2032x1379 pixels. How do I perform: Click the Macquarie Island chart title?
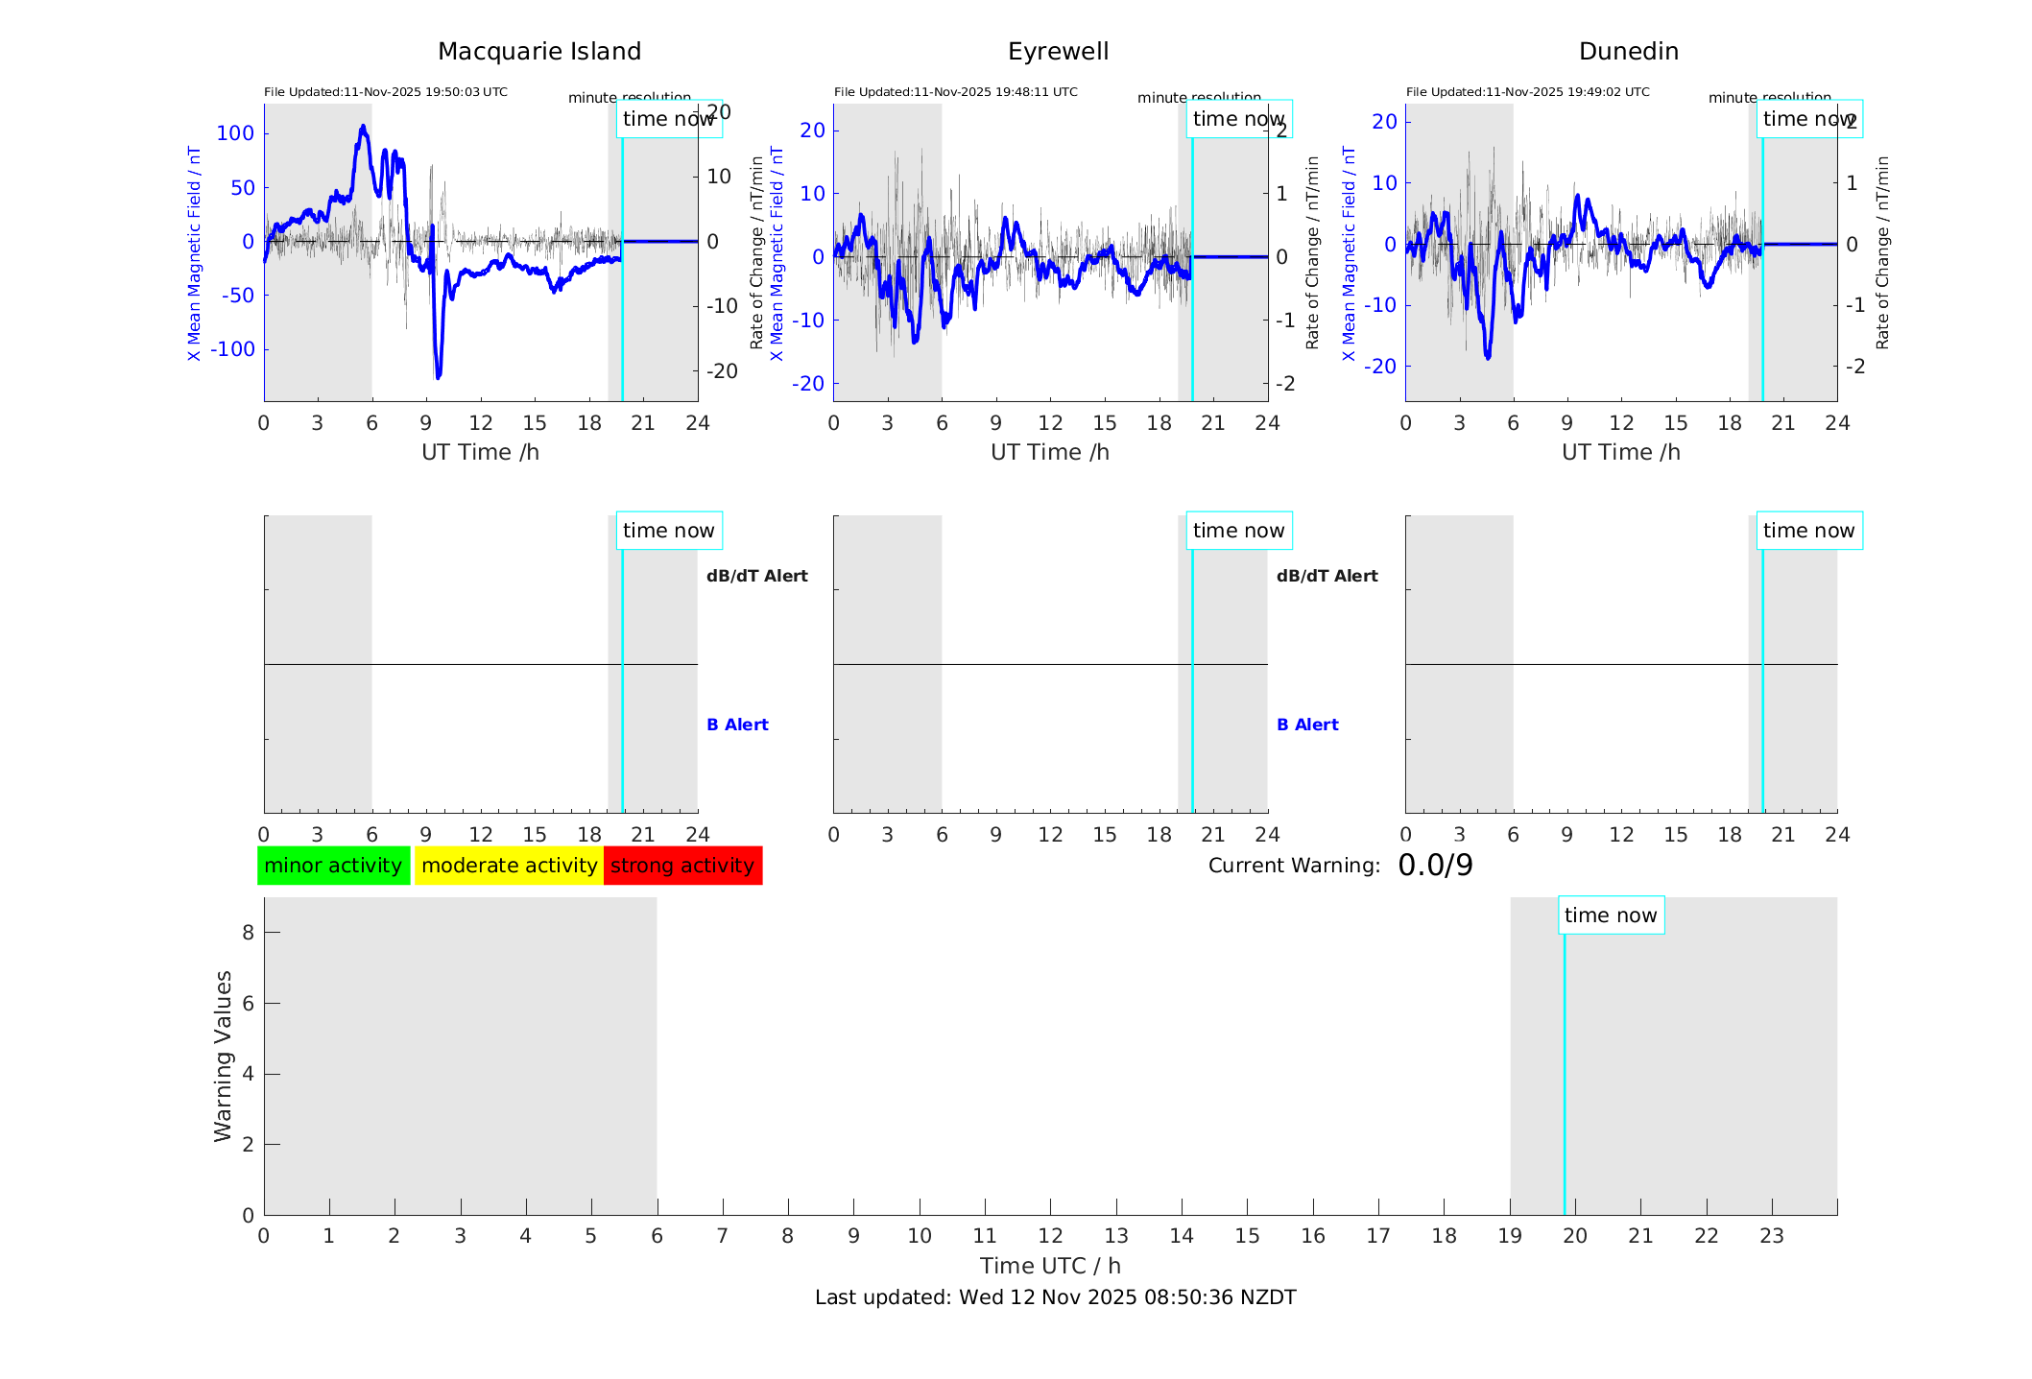538,52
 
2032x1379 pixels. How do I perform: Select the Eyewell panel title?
1058,52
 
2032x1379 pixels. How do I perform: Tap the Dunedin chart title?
1628,52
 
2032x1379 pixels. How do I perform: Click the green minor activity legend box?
333,866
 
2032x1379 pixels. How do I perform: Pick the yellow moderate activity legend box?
509,866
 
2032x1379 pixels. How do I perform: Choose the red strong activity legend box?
682,866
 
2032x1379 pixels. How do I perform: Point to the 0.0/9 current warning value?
1435,866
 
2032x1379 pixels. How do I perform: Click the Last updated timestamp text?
1055,1297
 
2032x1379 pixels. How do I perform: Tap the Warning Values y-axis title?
223,1056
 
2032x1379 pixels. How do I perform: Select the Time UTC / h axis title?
1050,1266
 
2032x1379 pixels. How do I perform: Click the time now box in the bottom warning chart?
1611,915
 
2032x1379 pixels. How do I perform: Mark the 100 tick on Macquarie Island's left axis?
235,133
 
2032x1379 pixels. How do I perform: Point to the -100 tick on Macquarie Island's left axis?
232,349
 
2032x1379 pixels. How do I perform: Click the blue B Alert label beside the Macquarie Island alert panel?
737,725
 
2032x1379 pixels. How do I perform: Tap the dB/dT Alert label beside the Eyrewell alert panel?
1327,576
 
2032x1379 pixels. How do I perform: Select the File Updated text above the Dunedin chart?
1527,92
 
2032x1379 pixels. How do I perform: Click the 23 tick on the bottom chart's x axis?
1771,1236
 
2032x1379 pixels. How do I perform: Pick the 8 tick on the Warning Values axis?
248,932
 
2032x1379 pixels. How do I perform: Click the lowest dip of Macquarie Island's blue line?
438,377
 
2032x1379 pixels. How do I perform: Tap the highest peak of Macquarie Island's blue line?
363,127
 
